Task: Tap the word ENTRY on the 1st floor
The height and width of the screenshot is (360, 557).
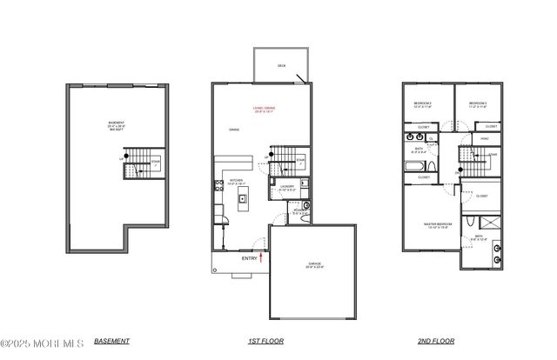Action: (249, 257)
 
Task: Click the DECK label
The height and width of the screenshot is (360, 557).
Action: (282, 65)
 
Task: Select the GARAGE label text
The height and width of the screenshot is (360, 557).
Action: (313, 264)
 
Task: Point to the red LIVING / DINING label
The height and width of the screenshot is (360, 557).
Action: (259, 108)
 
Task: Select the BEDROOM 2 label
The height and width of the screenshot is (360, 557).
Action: (424, 104)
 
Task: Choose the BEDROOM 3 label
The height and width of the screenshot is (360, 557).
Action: (479, 104)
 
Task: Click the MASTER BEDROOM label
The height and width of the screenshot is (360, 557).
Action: (436, 226)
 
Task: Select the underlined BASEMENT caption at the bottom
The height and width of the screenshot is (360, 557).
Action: (111, 341)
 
